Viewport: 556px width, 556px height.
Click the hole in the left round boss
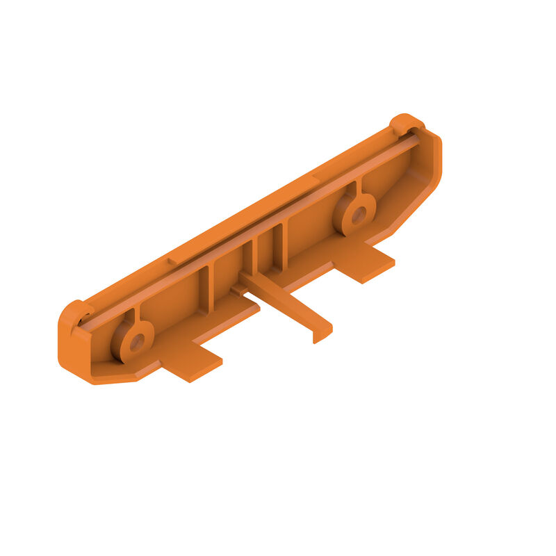136,341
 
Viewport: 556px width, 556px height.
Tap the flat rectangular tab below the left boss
190,361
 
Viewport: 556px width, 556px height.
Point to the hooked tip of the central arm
320,336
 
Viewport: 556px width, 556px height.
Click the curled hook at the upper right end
405,123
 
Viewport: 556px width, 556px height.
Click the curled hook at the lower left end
74,312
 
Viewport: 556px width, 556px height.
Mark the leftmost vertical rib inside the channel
203,288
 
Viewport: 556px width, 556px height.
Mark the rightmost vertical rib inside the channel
280,247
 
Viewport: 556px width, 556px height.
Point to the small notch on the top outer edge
172,261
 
